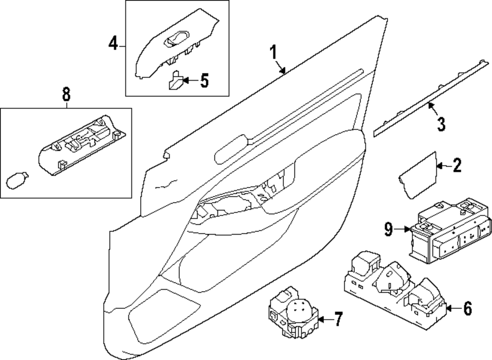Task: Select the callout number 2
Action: [457, 167]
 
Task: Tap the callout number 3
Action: [441, 123]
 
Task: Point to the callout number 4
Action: [113, 45]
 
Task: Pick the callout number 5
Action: [204, 80]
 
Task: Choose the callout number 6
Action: [467, 308]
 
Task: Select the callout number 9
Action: [388, 228]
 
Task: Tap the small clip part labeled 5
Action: [175, 81]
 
